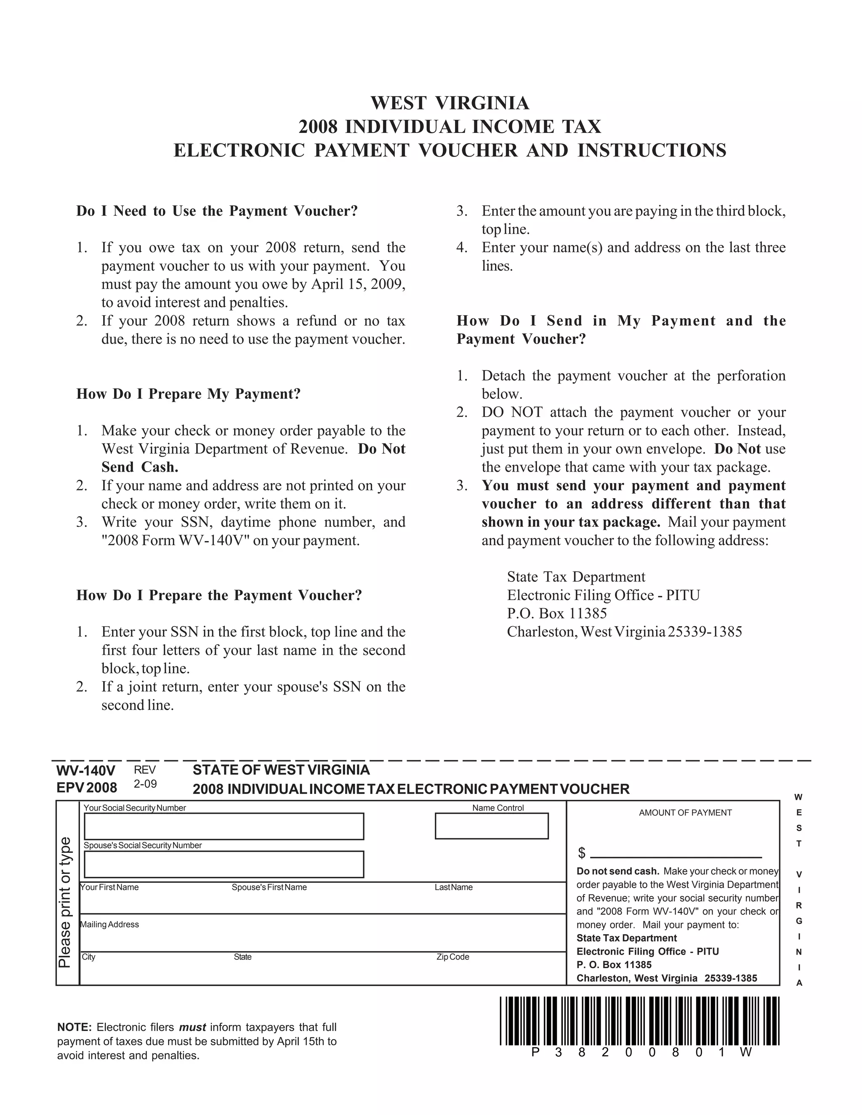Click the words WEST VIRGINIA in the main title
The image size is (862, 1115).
[450, 103]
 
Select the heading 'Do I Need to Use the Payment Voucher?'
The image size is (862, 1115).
[217, 211]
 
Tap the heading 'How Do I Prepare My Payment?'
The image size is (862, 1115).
[189, 394]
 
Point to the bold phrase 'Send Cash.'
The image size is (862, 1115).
[140, 467]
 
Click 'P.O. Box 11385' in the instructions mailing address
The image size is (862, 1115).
[556, 613]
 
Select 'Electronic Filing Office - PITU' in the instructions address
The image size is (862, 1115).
[603, 595]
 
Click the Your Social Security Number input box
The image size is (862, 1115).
[223, 826]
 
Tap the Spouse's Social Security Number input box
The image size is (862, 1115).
[223, 864]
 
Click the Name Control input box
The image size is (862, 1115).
[491, 826]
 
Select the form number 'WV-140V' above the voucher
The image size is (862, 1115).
[86, 770]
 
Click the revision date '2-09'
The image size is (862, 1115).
[146, 784]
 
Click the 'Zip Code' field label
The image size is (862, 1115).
[452, 957]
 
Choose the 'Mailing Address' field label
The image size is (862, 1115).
[109, 924]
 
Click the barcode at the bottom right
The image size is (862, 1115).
[639, 1021]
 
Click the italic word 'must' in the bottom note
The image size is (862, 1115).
[192, 1027]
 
